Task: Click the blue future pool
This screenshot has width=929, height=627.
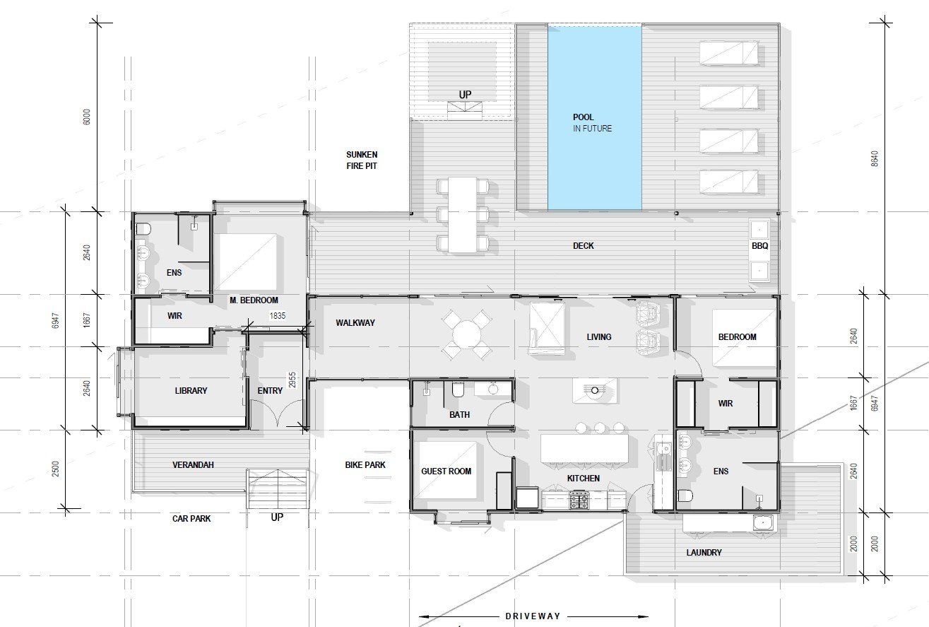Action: pyautogui.click(x=595, y=117)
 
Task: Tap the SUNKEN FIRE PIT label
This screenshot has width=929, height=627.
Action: pyautogui.click(x=362, y=160)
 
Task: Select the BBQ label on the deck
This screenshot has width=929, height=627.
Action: pyautogui.click(x=759, y=246)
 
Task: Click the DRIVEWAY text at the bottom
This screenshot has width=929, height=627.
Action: pyautogui.click(x=533, y=616)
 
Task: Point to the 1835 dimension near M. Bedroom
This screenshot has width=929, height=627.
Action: pyautogui.click(x=278, y=316)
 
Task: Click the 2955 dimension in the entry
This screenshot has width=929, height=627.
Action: pyautogui.click(x=292, y=380)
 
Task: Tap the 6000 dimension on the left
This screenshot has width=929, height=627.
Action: pyautogui.click(x=86, y=117)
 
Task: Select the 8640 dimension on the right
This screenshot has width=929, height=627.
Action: pyautogui.click(x=875, y=158)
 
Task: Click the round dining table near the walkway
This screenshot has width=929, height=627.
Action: pyautogui.click(x=466, y=334)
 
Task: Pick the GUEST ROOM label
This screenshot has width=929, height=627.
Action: pyautogui.click(x=446, y=471)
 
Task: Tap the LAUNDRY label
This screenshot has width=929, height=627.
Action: pyautogui.click(x=704, y=552)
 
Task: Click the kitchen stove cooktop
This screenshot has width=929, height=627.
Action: pyautogui.click(x=579, y=500)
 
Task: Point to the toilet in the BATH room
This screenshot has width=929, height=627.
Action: pyautogui.click(x=458, y=390)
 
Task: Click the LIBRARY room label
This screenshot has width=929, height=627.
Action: pyautogui.click(x=191, y=390)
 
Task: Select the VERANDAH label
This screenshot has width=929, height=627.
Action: pyautogui.click(x=193, y=464)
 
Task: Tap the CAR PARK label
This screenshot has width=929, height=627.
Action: pyautogui.click(x=191, y=518)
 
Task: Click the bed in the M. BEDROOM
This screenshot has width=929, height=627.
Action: pyautogui.click(x=247, y=262)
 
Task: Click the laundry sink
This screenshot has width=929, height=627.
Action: pyautogui.click(x=764, y=523)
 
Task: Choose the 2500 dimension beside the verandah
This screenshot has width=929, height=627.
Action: pyautogui.click(x=56, y=469)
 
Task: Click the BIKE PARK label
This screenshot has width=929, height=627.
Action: pyautogui.click(x=365, y=464)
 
